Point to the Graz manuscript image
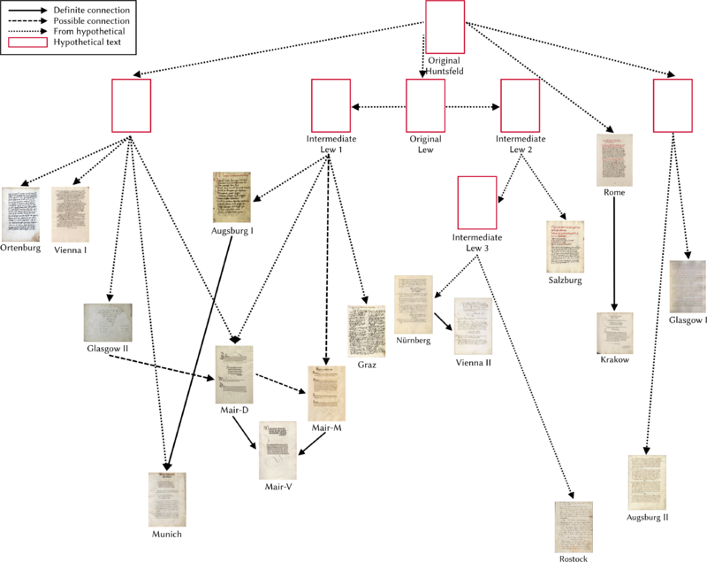point(366,331)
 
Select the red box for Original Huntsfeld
point(445,27)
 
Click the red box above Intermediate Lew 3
point(476,204)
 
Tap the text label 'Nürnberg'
point(414,341)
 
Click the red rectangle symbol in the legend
point(27,42)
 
